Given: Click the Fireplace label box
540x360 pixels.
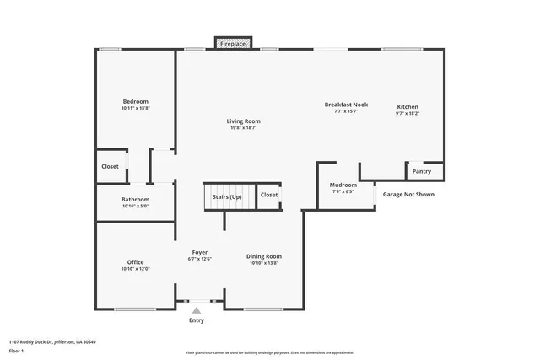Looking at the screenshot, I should tap(234, 42).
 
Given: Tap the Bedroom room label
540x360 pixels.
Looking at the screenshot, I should tap(135, 101).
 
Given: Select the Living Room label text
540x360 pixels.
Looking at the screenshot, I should tap(243, 121).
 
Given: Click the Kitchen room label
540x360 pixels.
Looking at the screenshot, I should tap(408, 107).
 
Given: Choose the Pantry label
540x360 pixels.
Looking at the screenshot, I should tap(422, 171).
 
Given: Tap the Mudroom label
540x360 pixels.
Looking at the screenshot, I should tap(343, 185).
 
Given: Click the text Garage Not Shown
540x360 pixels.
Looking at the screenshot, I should tap(409, 194).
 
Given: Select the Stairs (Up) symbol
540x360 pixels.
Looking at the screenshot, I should tap(228, 196).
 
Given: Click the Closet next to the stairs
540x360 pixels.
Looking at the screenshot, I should tap(269, 195).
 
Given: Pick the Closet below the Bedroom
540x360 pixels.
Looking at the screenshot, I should tap(111, 166).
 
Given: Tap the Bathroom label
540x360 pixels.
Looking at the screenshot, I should tap(135, 199).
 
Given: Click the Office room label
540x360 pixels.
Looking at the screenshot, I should tap(135, 262).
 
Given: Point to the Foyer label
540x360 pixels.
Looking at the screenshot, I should tap(200, 252).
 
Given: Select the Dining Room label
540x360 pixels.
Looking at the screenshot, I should tap(264, 256).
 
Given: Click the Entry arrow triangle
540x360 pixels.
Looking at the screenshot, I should tap(197, 310).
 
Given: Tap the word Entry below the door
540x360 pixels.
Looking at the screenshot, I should tap(197, 320).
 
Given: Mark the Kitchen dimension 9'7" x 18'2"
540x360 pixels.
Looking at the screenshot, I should tap(408, 114).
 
